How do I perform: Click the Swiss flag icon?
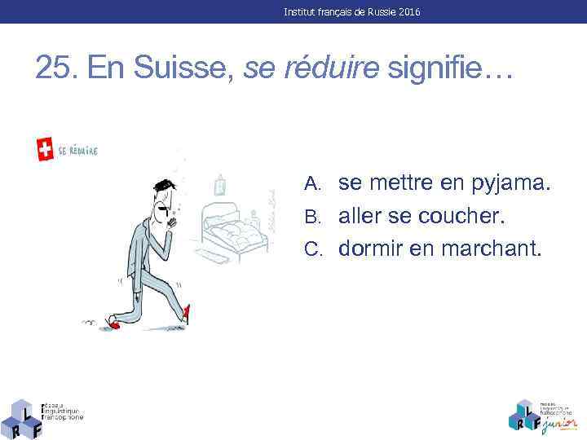tap(46, 149)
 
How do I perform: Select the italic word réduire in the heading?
tap(333, 68)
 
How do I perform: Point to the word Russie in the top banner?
tap(378, 12)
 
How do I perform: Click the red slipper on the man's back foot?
tap(114, 324)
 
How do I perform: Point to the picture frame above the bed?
tap(219, 186)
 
